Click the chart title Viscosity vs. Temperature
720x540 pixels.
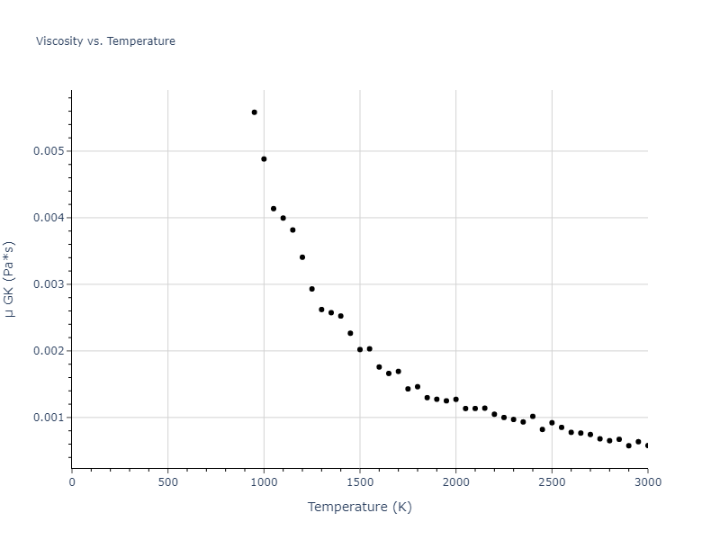pos(105,41)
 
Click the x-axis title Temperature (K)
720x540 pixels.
pos(360,507)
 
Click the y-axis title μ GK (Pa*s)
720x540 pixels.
pos(10,279)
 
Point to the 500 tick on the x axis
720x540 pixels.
pos(167,481)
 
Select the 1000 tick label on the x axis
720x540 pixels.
pos(264,481)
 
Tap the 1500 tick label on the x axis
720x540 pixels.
pos(360,481)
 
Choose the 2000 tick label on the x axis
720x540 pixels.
pos(455,481)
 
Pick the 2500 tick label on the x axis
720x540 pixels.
pos(552,481)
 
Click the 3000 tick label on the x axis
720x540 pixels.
pos(647,481)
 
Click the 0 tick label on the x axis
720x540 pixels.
pos(72,481)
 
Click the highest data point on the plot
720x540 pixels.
pos(254,112)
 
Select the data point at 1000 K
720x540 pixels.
pos(264,159)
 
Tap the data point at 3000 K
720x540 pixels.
pos(647,445)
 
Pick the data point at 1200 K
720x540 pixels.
pos(302,257)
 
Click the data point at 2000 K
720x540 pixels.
pos(455,400)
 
